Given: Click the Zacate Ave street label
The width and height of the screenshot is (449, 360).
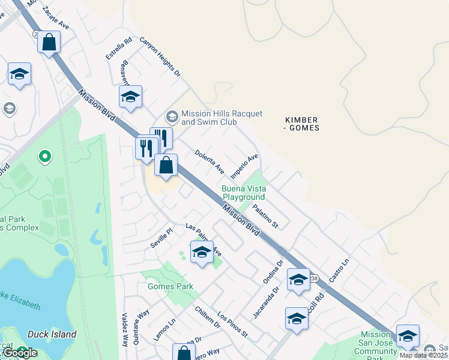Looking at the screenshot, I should point(56,22).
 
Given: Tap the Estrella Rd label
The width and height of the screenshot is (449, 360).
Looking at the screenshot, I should point(118,49).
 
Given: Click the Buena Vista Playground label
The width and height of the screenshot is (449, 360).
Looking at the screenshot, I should point(243,193).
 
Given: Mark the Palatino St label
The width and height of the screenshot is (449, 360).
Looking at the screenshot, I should point(265,217).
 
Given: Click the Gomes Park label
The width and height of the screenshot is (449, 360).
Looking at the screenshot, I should point(170,286).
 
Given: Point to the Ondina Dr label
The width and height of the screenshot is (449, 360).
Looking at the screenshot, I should point(273,272).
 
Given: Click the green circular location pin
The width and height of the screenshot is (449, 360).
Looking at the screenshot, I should point(44,157).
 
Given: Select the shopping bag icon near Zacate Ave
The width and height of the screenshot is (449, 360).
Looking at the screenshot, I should point(50,43).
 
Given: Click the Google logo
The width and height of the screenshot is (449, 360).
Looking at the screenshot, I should point(20,353).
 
